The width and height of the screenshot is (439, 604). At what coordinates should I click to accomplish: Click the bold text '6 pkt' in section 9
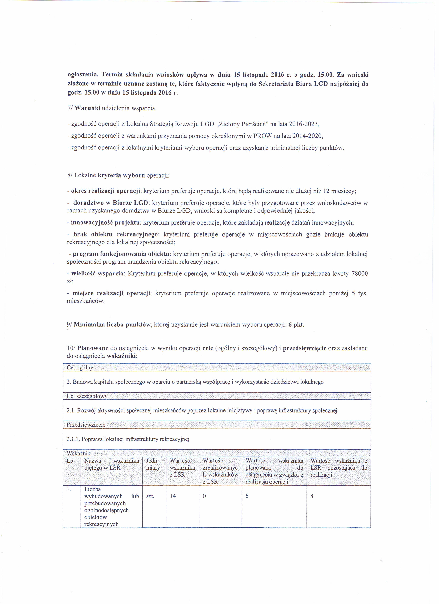pos(296,325)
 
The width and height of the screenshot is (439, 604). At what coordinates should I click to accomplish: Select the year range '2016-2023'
pos(304,124)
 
